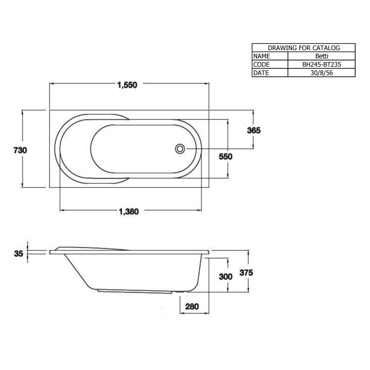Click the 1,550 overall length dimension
[127, 85]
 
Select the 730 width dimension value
[20, 150]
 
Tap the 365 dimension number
[254, 130]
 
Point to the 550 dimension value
[226, 157]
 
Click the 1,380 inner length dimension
[129, 212]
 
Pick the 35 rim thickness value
[18, 254]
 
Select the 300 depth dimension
[226, 277]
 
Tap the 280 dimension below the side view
[192, 306]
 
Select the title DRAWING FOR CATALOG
[303, 48]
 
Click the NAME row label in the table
[262, 56]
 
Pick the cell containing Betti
[321, 56]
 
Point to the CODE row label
[261, 64]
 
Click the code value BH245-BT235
[321, 64]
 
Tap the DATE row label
[261, 73]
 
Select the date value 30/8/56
[321, 73]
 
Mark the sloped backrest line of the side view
[76, 271]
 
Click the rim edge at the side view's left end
[50, 252]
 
